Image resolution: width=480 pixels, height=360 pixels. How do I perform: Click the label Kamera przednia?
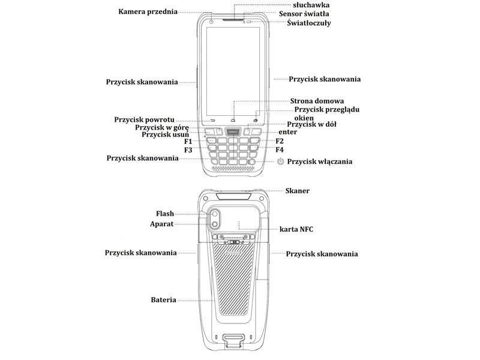click(x=148, y=12)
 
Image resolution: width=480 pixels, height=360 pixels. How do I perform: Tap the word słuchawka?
click(x=311, y=5)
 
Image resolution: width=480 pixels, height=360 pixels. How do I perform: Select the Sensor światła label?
click(x=304, y=14)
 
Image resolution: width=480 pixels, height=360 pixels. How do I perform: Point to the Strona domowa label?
click(x=317, y=101)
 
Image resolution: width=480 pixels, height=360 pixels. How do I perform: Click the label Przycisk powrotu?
click(x=144, y=119)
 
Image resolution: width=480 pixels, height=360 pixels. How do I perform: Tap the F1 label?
click(x=188, y=142)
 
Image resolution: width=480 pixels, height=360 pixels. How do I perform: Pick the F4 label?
click(x=280, y=149)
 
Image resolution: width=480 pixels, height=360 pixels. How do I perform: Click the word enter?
click(x=288, y=132)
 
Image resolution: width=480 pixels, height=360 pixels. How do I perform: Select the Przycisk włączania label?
click(x=320, y=161)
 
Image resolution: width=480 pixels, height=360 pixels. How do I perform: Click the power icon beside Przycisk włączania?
click(x=280, y=161)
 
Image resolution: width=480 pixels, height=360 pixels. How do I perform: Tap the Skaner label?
click(x=297, y=191)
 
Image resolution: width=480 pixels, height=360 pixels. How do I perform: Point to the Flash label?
click(x=164, y=214)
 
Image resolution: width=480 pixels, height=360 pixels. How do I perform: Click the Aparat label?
click(x=161, y=224)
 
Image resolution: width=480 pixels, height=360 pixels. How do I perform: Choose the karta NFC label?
click(x=296, y=229)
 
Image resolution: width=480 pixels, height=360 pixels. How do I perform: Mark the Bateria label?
click(x=163, y=300)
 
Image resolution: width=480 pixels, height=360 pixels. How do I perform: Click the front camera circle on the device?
click(x=212, y=22)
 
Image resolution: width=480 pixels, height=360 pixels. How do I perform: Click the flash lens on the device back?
click(x=215, y=214)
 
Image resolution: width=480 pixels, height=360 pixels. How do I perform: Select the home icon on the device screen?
click(x=233, y=119)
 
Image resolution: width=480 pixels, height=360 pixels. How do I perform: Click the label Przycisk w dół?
click(x=311, y=124)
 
